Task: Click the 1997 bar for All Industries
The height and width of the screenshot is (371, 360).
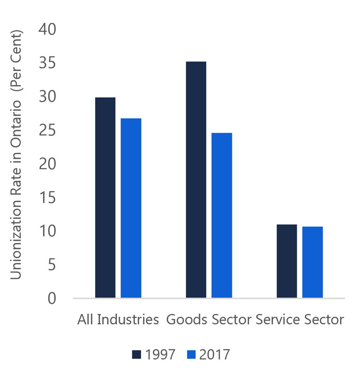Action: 105,198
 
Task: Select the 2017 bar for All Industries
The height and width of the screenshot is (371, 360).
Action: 131,208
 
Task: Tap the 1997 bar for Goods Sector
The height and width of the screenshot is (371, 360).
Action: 196,180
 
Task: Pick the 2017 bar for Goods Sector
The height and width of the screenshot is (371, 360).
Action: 222,215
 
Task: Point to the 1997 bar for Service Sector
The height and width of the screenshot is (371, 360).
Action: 287,261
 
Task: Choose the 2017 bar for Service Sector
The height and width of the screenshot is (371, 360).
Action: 312,262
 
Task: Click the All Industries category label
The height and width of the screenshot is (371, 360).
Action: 118,320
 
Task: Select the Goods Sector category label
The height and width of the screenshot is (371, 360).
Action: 209,320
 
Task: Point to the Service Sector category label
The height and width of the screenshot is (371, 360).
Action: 300,320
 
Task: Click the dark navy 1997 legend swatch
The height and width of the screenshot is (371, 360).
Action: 137,355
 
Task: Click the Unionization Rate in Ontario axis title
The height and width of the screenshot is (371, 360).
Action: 17,154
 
